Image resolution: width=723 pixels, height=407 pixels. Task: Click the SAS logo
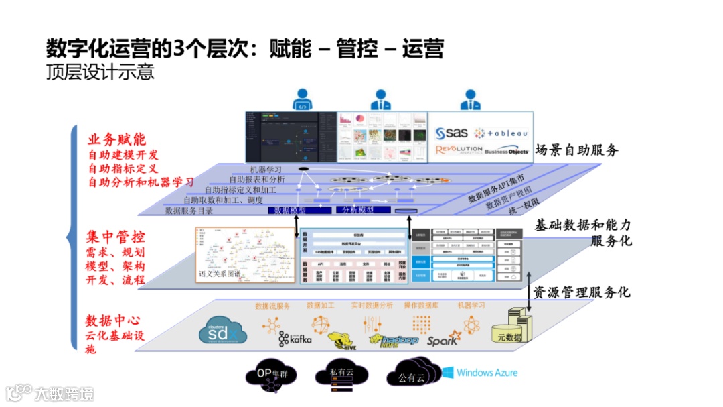pyautogui.click(x=453, y=133)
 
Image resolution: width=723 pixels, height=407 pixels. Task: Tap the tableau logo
pyautogui.click(x=501, y=133)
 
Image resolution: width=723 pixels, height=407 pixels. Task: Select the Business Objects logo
pyautogui.click(x=506, y=151)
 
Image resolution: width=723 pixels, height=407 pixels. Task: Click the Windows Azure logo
pyautogui.click(x=478, y=373)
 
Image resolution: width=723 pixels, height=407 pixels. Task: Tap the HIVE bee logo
pyautogui.click(x=339, y=339)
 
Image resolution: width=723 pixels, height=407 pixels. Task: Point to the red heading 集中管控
pyautogui.click(x=115, y=237)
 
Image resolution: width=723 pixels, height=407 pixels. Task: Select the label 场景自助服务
pyautogui.click(x=576, y=150)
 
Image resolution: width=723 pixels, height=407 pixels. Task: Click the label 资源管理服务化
pyautogui.click(x=580, y=292)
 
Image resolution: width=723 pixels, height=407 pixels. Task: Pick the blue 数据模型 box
pyautogui.click(x=287, y=210)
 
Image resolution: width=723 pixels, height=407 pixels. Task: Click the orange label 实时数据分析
pyautogui.click(x=372, y=306)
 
